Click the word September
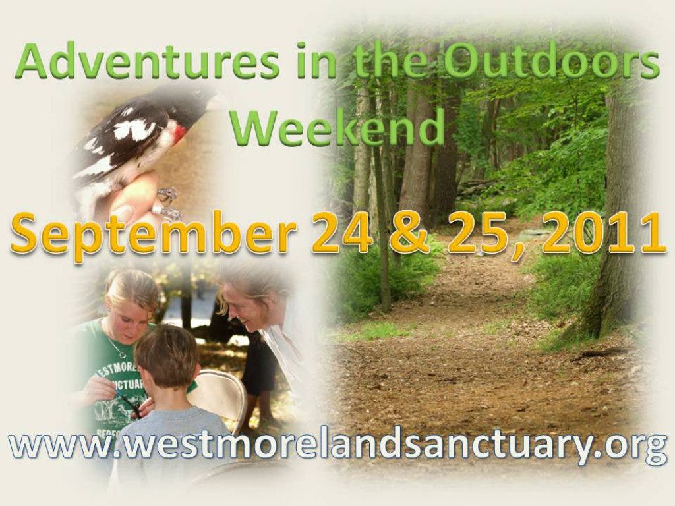(x=154, y=236)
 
